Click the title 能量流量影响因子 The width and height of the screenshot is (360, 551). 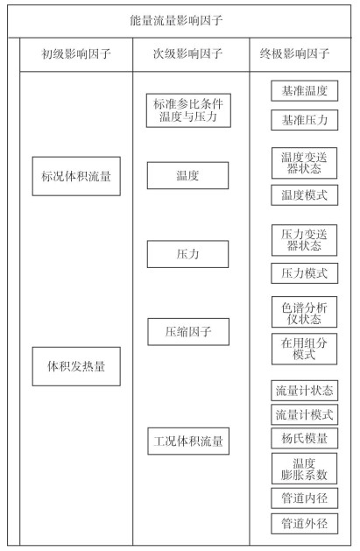[x=176, y=20]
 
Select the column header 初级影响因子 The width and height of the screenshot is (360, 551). [x=76, y=54]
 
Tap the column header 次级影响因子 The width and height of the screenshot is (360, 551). [x=188, y=53]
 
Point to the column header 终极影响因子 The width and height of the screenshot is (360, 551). [x=294, y=53]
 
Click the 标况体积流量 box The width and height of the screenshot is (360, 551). [x=76, y=176]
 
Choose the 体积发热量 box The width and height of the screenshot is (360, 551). [x=76, y=366]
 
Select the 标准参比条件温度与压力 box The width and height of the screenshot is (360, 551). [x=188, y=110]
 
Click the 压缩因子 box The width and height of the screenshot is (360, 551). [x=188, y=332]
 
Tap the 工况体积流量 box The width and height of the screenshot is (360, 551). [x=188, y=441]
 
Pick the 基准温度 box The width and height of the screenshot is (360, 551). [x=305, y=90]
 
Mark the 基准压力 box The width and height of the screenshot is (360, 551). [x=305, y=120]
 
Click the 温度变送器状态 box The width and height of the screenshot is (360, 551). [x=304, y=163]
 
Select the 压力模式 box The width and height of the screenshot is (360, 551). [x=305, y=273]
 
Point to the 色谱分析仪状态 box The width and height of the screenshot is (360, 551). [x=304, y=312]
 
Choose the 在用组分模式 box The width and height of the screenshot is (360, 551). [x=304, y=349]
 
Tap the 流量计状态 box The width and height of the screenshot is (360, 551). [x=305, y=391]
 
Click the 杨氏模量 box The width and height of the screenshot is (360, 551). [x=305, y=438]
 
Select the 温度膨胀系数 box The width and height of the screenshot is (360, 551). [x=304, y=469]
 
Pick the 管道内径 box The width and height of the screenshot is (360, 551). [x=305, y=498]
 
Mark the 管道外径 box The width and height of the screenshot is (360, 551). [x=305, y=524]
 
